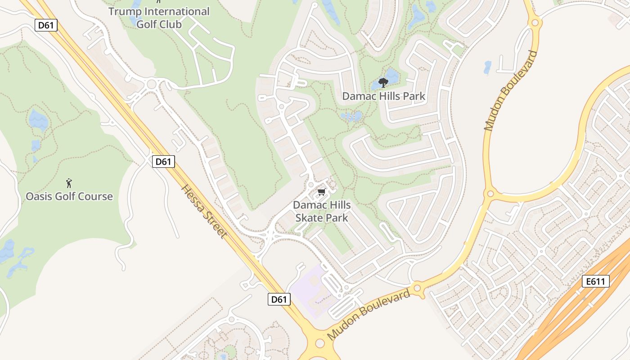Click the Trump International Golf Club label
click(x=159, y=18)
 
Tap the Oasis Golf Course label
click(x=69, y=197)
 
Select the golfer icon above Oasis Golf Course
click(x=69, y=183)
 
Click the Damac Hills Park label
click(x=383, y=96)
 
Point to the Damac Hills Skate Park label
click(x=321, y=211)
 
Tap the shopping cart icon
click(x=321, y=193)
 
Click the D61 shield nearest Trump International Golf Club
click(x=46, y=25)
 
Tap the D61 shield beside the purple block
click(x=279, y=299)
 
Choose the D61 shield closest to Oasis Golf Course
click(x=163, y=162)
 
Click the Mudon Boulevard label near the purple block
click(x=369, y=314)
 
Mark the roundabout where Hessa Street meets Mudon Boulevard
click(x=319, y=344)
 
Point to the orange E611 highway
click(x=571, y=310)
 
